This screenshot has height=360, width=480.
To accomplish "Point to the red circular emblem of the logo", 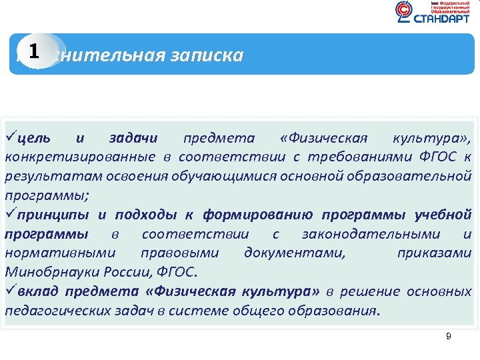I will click(x=404, y=11).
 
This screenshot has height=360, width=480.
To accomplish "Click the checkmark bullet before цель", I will click(x=11, y=138).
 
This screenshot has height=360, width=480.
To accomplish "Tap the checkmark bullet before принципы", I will click(x=11, y=215).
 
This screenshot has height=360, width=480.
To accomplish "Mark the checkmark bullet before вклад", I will click(x=11, y=291).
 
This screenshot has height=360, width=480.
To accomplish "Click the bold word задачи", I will click(x=133, y=139).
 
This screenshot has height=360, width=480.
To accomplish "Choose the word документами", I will click(x=295, y=253).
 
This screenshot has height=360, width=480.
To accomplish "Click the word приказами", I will click(x=434, y=253).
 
